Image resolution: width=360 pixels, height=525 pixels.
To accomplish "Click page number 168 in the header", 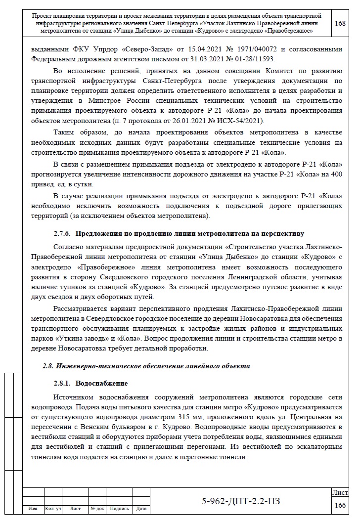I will tap(340, 23).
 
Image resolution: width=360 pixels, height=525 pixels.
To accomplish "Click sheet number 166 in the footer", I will tap(340, 505).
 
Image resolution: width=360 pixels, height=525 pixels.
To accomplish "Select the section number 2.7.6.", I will tap(62, 233).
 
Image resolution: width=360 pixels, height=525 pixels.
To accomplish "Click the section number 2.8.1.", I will tap(62, 384).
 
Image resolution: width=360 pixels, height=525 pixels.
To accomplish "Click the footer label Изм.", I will tap(34, 508).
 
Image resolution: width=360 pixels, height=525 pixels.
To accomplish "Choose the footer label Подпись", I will tap(119, 508).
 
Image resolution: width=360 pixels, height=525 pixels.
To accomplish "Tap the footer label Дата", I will tap(141, 508).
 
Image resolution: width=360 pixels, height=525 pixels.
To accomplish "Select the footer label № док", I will tap(97, 508).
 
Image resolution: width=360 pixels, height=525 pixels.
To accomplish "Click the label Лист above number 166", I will tap(340, 493).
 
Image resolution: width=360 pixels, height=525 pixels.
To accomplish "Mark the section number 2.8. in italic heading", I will tap(48, 366).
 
